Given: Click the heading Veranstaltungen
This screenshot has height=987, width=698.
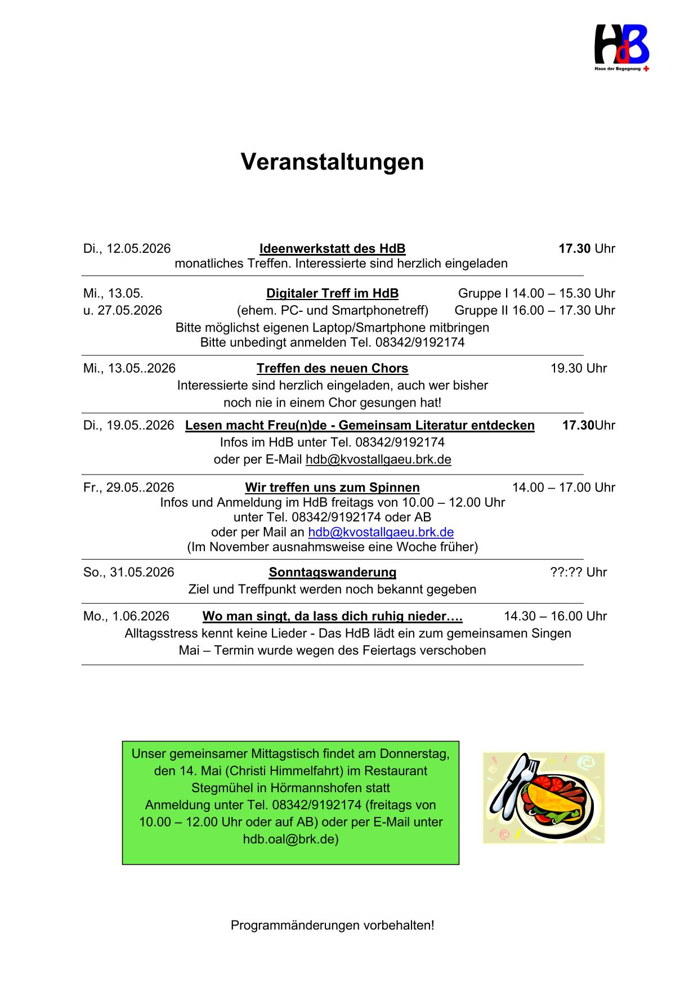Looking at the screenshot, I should tap(332, 162).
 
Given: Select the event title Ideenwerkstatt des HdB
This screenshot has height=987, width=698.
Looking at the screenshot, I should tap(332, 249).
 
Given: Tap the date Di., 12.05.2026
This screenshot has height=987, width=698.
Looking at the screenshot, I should tap(127, 249).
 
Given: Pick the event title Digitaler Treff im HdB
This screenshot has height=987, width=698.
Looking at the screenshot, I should tap(332, 293).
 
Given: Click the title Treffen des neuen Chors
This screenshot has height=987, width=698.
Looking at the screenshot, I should tap(332, 368).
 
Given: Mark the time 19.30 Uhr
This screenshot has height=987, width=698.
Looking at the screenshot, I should tap(578, 368).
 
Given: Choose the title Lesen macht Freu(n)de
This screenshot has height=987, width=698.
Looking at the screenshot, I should tap(360, 425).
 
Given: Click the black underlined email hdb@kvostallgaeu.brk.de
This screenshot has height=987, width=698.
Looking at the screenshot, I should tap(378, 459).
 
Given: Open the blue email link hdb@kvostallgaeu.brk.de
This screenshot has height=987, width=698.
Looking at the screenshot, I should tap(381, 532).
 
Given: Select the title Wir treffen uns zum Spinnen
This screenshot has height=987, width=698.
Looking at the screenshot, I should tap(332, 488).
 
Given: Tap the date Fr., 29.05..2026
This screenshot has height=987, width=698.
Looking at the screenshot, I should tap(128, 488).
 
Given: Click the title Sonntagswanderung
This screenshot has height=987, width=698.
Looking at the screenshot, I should tap(332, 573).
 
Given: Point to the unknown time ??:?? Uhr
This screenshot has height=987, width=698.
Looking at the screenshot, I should tap(578, 573).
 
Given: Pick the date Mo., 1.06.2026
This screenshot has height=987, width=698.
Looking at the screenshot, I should tap(126, 617).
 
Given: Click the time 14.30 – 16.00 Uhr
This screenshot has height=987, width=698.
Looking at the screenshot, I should tap(555, 617).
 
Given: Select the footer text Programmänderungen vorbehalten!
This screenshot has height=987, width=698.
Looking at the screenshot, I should tap(332, 925).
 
